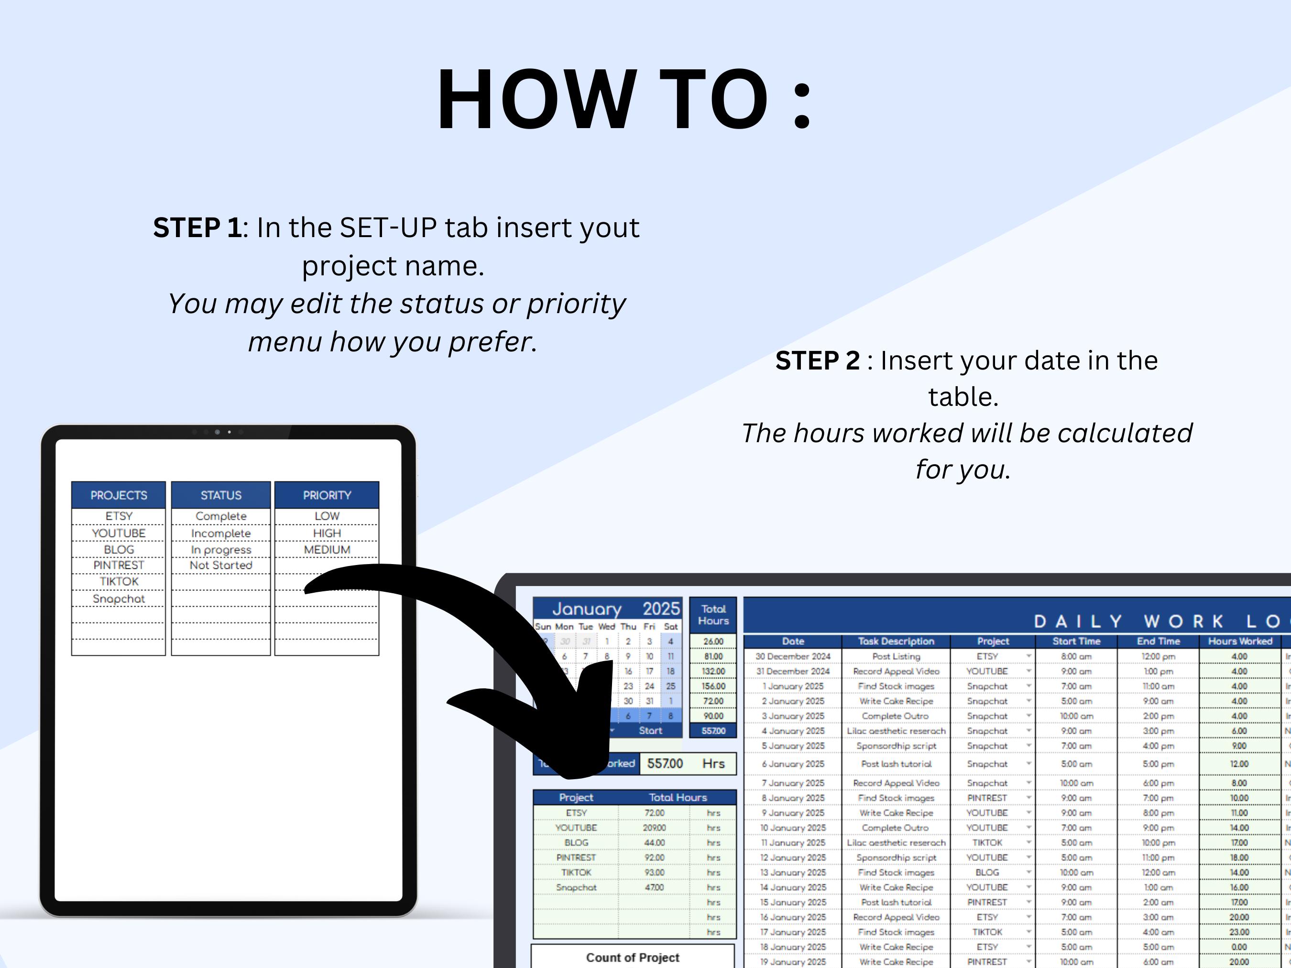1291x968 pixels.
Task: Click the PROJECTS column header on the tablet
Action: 119,495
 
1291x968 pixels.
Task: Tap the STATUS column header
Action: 220,495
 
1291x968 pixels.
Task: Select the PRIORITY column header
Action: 327,495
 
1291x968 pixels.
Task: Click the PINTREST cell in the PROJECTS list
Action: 119,565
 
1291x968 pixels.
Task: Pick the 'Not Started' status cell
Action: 220,565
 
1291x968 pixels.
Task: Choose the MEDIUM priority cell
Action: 327,550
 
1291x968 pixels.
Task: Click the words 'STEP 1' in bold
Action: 197,228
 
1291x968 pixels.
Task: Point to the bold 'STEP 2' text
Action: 817,360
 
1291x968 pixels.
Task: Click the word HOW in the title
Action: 536,99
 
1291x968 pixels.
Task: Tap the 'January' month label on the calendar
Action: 587,609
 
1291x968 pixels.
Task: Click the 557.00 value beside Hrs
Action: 665,763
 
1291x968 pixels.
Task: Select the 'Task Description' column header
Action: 896,641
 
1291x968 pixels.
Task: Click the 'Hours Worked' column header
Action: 1240,641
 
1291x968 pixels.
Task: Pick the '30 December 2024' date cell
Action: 793,656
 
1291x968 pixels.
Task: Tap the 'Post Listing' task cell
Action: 896,656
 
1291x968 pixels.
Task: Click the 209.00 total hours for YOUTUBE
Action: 654,827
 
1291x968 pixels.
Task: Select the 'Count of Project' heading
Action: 633,957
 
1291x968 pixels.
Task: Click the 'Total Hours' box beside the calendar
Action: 713,614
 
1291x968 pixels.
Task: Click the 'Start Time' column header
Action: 1076,641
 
